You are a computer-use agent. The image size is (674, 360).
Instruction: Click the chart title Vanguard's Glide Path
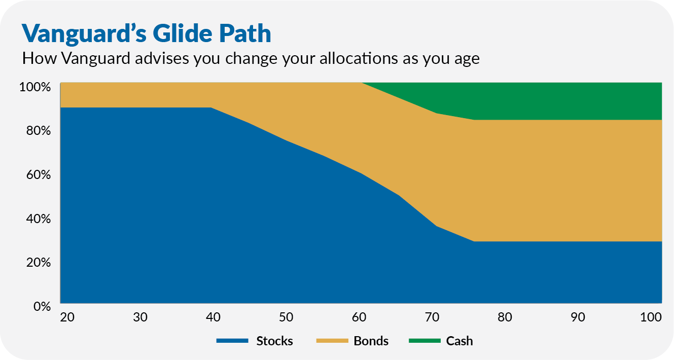tap(146, 33)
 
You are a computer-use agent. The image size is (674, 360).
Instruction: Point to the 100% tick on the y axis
tap(35, 87)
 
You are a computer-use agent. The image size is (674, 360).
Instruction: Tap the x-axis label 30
tap(139, 317)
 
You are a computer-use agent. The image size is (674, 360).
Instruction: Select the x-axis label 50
tap(286, 317)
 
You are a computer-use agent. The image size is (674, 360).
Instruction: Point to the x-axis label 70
tap(432, 317)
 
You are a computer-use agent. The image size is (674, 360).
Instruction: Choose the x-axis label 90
tap(578, 317)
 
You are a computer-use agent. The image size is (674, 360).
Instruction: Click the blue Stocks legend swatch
tap(232, 341)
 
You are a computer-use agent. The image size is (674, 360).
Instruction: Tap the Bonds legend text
tap(371, 341)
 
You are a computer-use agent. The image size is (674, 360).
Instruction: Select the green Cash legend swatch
tap(424, 341)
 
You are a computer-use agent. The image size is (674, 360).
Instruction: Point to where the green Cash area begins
tap(362, 83)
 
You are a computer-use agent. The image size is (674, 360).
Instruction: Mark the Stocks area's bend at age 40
tap(210, 107)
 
